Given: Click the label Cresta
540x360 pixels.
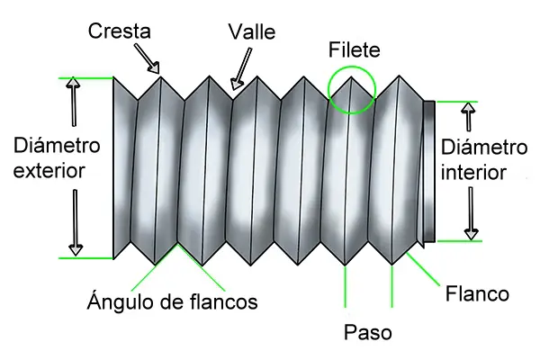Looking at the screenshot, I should click(x=120, y=31).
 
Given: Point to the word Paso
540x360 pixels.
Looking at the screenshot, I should click(x=368, y=332).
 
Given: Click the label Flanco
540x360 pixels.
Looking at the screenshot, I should click(x=478, y=293).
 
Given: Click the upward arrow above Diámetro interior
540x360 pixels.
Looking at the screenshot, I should click(x=467, y=117).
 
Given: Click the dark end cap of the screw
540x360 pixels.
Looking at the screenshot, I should click(x=428, y=171).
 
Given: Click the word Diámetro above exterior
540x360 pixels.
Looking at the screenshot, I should click(x=58, y=145).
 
